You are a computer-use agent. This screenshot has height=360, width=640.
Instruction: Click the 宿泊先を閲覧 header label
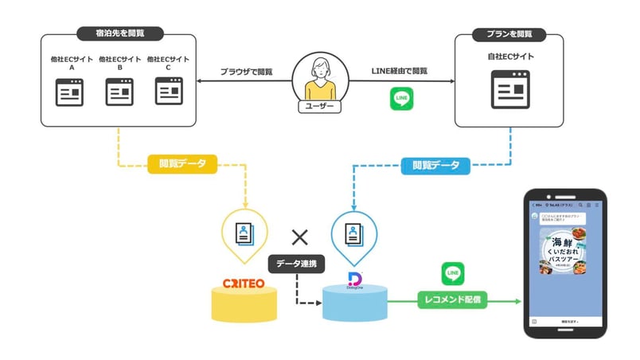click(x=119, y=34)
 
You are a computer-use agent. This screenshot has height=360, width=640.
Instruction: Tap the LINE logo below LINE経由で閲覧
click(x=401, y=99)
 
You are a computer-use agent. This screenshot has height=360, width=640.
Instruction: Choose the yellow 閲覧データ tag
click(x=182, y=165)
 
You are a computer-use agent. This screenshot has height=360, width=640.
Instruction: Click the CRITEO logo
click(x=244, y=284)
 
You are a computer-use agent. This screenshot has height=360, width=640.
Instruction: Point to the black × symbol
click(x=299, y=236)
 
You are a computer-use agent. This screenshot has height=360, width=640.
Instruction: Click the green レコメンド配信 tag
click(x=451, y=301)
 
